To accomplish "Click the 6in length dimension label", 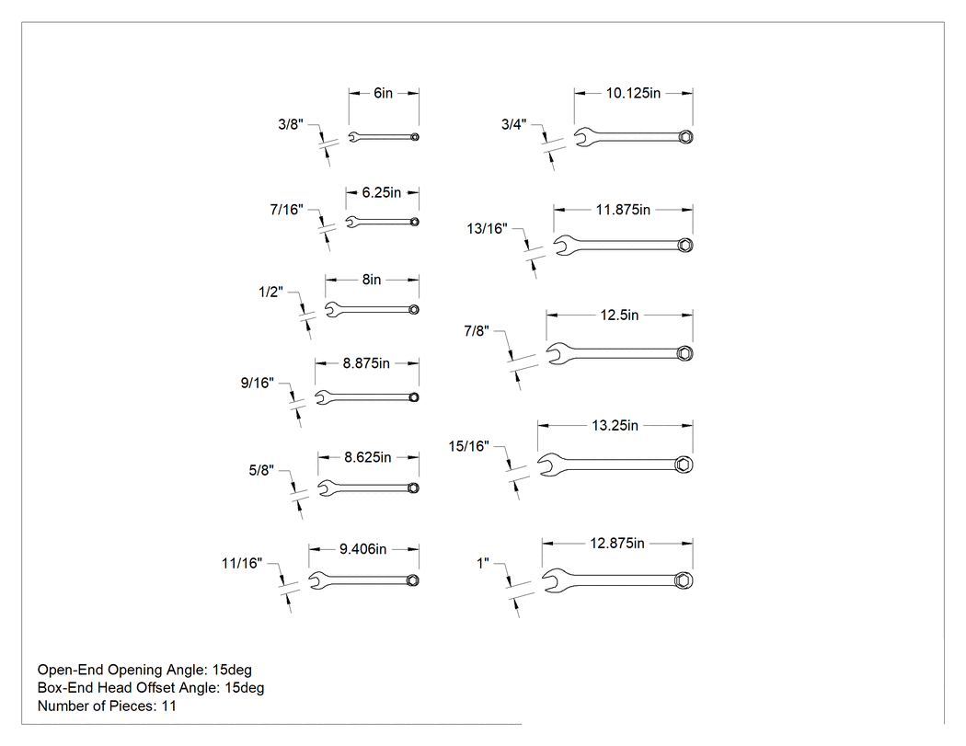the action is (x=383, y=93).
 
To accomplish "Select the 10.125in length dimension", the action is (x=633, y=93).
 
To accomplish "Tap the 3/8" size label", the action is (x=291, y=124).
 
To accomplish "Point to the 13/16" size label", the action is (x=488, y=228).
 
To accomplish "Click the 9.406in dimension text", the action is (x=362, y=549).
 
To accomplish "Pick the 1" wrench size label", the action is (x=483, y=563).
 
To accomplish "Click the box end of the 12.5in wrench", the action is (x=684, y=353).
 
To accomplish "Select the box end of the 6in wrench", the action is (x=415, y=137).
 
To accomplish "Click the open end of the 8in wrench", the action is (x=332, y=309).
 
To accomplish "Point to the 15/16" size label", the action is (x=469, y=446).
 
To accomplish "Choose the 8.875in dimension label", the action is (x=366, y=363).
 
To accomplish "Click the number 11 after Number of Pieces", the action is (x=168, y=706).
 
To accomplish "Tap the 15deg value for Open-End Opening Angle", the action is (x=232, y=670).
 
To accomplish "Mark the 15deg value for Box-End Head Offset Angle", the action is (x=245, y=687).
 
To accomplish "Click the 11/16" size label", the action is (x=242, y=563).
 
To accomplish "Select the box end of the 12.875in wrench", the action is (x=684, y=580).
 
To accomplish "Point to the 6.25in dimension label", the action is (x=382, y=192).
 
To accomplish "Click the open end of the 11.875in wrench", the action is (x=563, y=246).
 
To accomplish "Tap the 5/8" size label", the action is (x=261, y=471).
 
